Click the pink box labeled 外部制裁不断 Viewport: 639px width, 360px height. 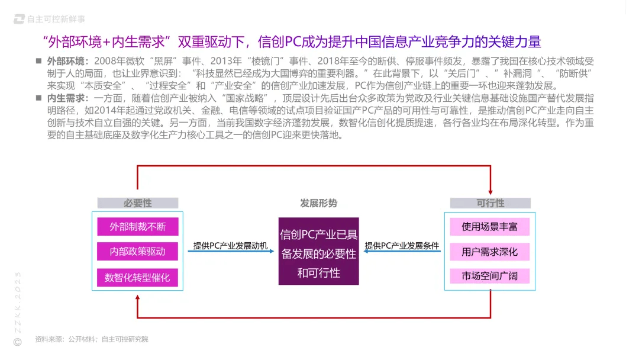click(138, 227)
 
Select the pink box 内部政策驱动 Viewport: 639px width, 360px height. click(138, 252)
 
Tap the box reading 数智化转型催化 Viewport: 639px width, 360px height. click(138, 277)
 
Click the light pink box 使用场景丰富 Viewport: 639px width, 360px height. click(489, 227)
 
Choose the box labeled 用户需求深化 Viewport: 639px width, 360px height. click(489, 252)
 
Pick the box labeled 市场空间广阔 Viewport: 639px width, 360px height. click(489, 277)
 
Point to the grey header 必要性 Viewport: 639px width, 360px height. click(138, 203)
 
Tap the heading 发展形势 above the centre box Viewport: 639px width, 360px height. click(318, 203)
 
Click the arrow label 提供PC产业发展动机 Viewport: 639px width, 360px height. click(230, 245)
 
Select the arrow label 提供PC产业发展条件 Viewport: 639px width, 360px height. click(402, 245)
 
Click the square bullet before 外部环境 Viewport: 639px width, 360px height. click(38, 61)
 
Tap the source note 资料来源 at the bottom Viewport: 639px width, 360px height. click(92, 339)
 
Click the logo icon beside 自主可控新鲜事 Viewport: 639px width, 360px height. click(19, 19)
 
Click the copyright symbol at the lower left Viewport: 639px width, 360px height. click(17, 342)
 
